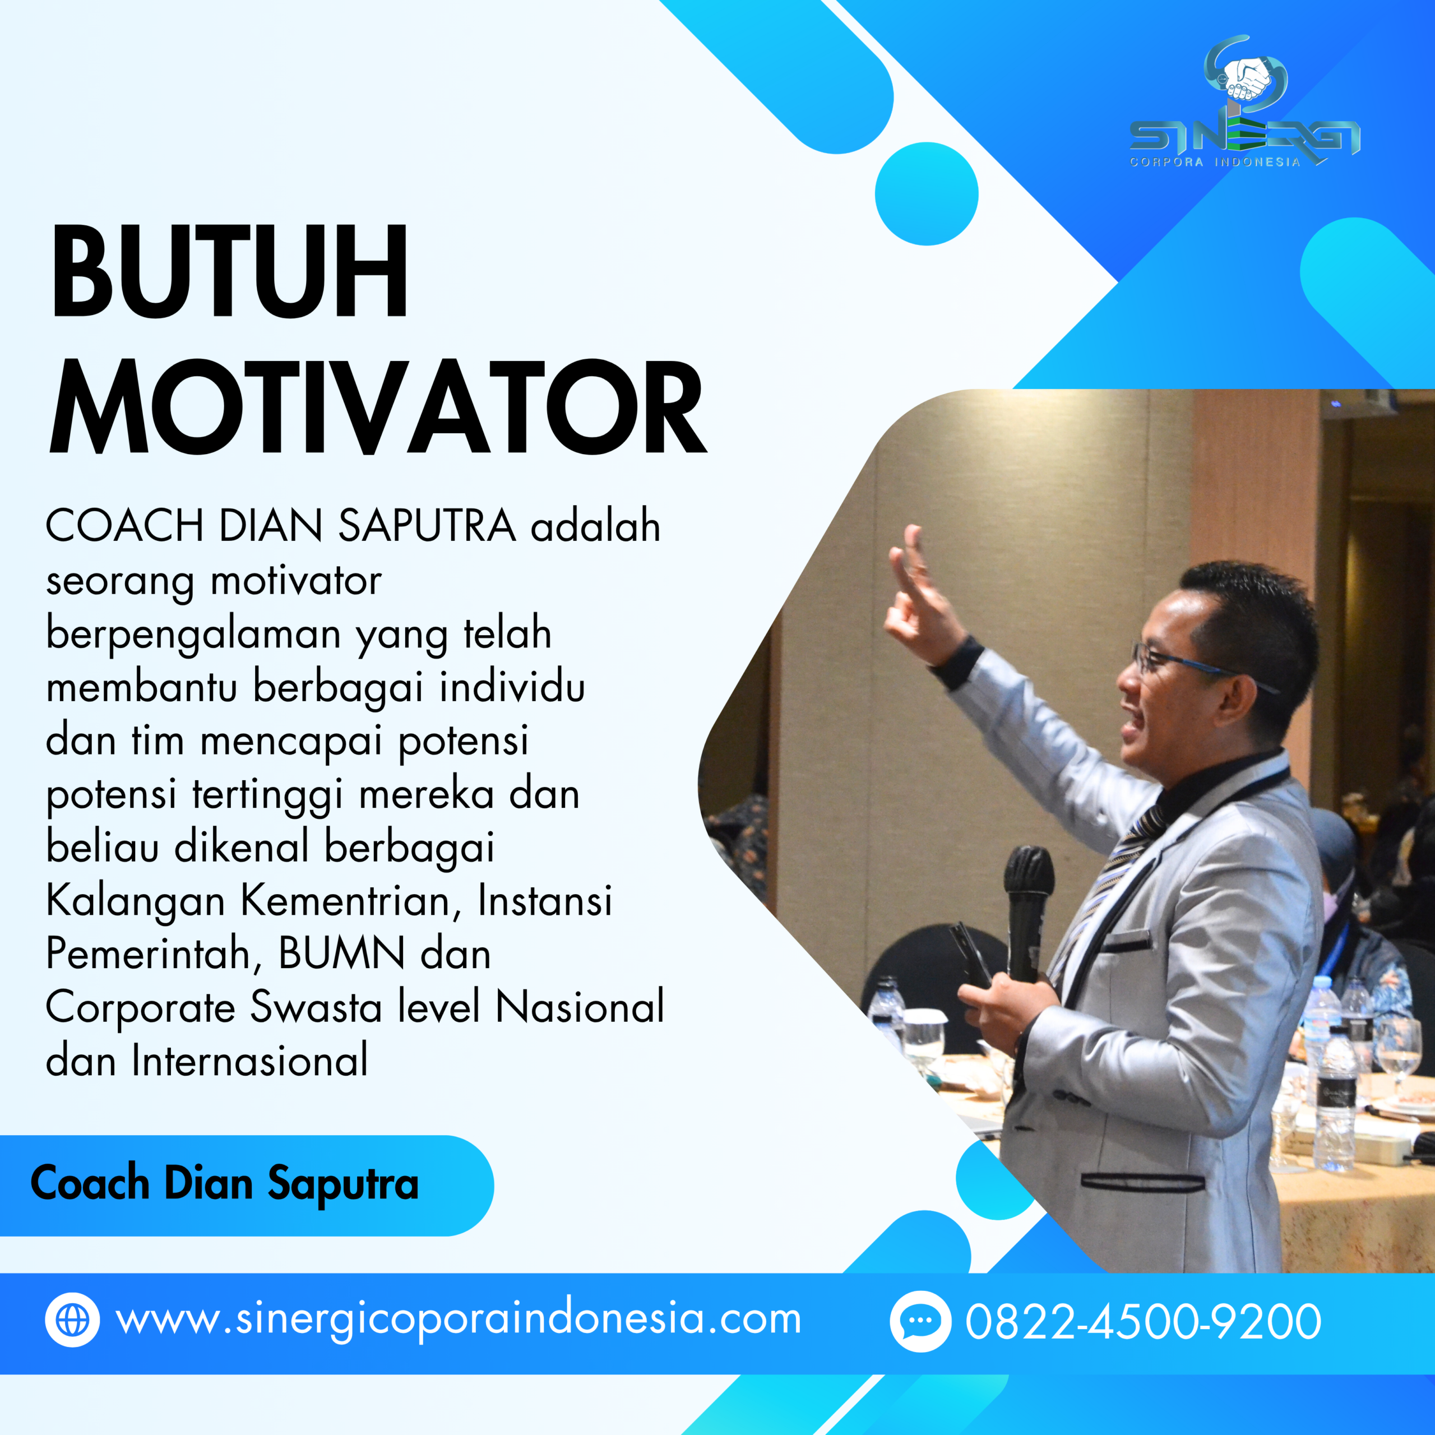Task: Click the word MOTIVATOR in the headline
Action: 377,407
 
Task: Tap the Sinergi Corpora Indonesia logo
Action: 1244,104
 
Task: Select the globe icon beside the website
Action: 72,1320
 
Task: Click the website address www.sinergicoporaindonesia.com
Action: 459,1320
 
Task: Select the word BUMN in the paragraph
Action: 342,953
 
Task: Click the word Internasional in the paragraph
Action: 249,1061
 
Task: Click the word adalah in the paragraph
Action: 595,526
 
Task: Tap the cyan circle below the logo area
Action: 926,194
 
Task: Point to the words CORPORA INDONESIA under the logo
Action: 1214,162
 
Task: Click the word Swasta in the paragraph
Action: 316,1007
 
